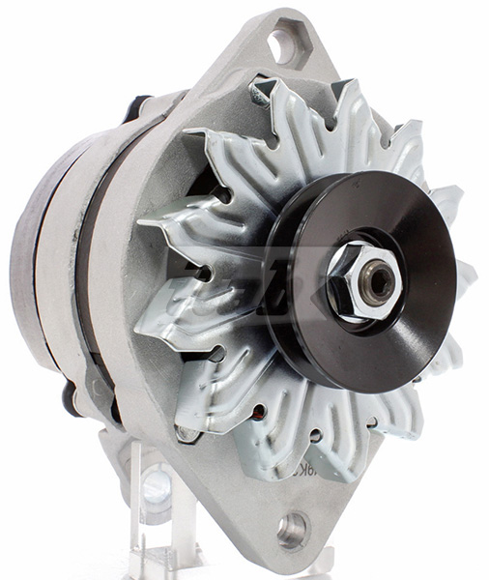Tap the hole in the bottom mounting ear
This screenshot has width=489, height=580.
(x=291, y=528)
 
